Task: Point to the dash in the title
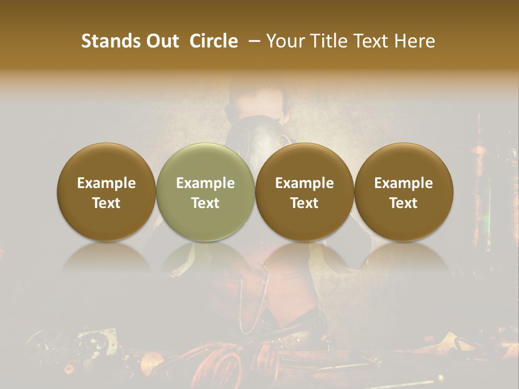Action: [x=252, y=41]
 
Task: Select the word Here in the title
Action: [x=415, y=41]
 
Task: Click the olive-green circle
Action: [x=205, y=192]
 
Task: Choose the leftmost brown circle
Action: [x=107, y=192]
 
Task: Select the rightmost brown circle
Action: [x=404, y=192]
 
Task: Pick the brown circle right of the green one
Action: [x=304, y=192]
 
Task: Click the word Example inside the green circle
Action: [x=205, y=183]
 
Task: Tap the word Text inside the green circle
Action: [x=205, y=203]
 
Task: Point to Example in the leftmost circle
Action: [x=107, y=183]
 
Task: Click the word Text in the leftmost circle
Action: [x=107, y=203]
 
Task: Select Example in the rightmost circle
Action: [x=404, y=183]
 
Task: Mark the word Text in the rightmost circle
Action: [x=404, y=203]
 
